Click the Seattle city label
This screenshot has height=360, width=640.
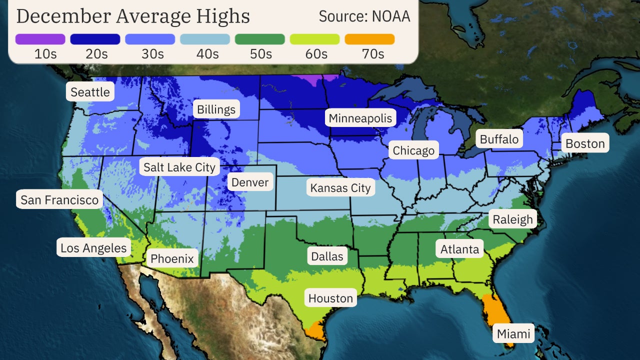pyautogui.click(x=90, y=92)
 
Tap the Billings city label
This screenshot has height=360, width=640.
pyautogui.click(x=216, y=109)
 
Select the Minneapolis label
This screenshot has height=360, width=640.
pyautogui.click(x=360, y=118)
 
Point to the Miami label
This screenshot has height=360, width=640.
pyautogui.click(x=513, y=333)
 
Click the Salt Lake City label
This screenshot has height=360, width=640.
pyautogui.click(x=179, y=167)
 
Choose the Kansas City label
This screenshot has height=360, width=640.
pyautogui.click(x=340, y=188)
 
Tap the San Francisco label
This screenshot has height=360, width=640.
pyautogui.click(x=59, y=200)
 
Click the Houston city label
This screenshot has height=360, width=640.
pyautogui.click(x=330, y=298)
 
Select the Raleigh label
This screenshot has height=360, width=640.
pyautogui.click(x=512, y=219)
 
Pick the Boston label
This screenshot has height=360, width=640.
pyautogui.click(x=585, y=143)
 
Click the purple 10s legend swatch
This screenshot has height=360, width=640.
pyautogui.click(x=40, y=39)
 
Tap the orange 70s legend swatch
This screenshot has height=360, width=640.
pyautogui.click(x=369, y=39)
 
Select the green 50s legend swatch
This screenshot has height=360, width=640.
pyautogui.click(x=259, y=39)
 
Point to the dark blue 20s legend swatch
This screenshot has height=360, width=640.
pyautogui.click(x=95, y=39)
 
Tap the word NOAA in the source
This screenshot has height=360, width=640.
pyautogui.click(x=390, y=16)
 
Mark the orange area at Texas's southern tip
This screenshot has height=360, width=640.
pyautogui.click(x=315, y=331)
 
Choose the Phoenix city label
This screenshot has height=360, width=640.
pyautogui.click(x=171, y=258)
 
